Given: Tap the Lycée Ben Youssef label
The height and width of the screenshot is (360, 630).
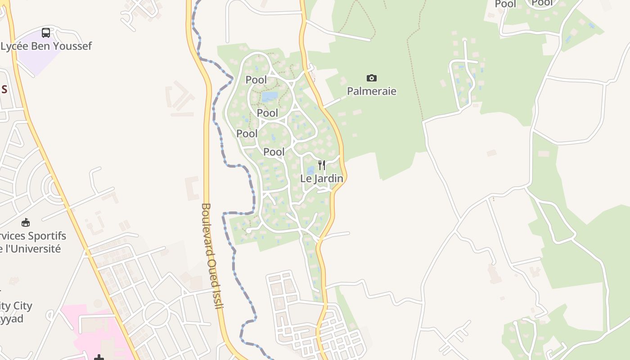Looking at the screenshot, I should coord(46,46).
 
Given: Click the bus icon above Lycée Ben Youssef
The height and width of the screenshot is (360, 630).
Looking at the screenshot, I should coord(46,32).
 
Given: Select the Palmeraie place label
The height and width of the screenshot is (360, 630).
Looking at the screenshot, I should coord(371,91).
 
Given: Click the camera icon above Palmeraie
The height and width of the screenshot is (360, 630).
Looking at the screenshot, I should coord(371,78).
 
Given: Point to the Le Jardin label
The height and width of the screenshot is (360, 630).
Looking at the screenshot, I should coord(321,179).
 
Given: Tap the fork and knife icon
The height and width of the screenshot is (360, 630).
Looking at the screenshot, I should coord(321,165).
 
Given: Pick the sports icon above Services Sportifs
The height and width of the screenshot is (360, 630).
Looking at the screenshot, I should coord(26,222).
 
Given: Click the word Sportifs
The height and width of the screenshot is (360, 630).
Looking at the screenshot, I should coord(47,236).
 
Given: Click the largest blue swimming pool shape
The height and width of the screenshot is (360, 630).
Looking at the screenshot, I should coord(270,96).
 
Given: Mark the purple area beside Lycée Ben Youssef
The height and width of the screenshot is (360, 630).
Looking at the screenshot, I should coord(40,58).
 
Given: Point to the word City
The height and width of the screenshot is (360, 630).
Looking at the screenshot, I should coord(22,306).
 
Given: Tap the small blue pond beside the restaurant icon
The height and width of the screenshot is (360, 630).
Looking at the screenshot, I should coord(310,171).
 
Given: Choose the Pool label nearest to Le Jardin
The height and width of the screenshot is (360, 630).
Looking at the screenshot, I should coord(274,152).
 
